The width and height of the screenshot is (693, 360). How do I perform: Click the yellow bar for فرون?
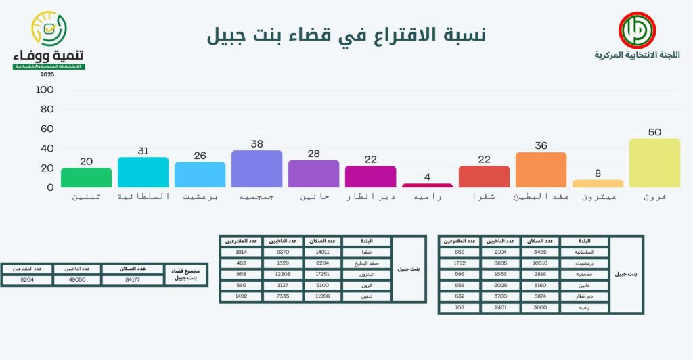pyautogui.click(x=654, y=163)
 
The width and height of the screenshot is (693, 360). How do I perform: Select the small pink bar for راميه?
pyautogui.click(x=427, y=185)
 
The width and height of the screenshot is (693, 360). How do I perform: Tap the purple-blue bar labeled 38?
pyautogui.click(x=256, y=168)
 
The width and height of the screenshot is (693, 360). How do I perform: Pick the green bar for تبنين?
pyautogui.click(x=86, y=177)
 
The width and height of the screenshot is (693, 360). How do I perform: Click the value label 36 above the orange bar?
pyautogui.click(x=541, y=145)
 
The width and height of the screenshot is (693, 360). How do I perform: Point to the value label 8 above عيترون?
pyautogui.click(x=598, y=173)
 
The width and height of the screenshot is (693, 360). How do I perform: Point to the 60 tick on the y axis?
pyautogui.click(x=45, y=129)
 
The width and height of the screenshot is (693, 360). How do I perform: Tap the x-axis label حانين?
pyautogui.click(x=313, y=196)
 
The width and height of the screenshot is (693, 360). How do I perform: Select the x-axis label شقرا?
pyautogui.click(x=484, y=196)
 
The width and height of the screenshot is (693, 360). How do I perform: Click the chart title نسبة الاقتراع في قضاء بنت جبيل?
pyautogui.click(x=346, y=35)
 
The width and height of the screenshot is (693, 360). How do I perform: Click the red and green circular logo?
pyautogui.click(x=636, y=30)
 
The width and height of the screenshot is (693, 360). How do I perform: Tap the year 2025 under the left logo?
pyautogui.click(x=47, y=74)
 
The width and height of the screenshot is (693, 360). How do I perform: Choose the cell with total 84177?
pyautogui.click(x=133, y=279)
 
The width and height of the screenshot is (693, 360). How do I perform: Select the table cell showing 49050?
pyautogui.click(x=77, y=279)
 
